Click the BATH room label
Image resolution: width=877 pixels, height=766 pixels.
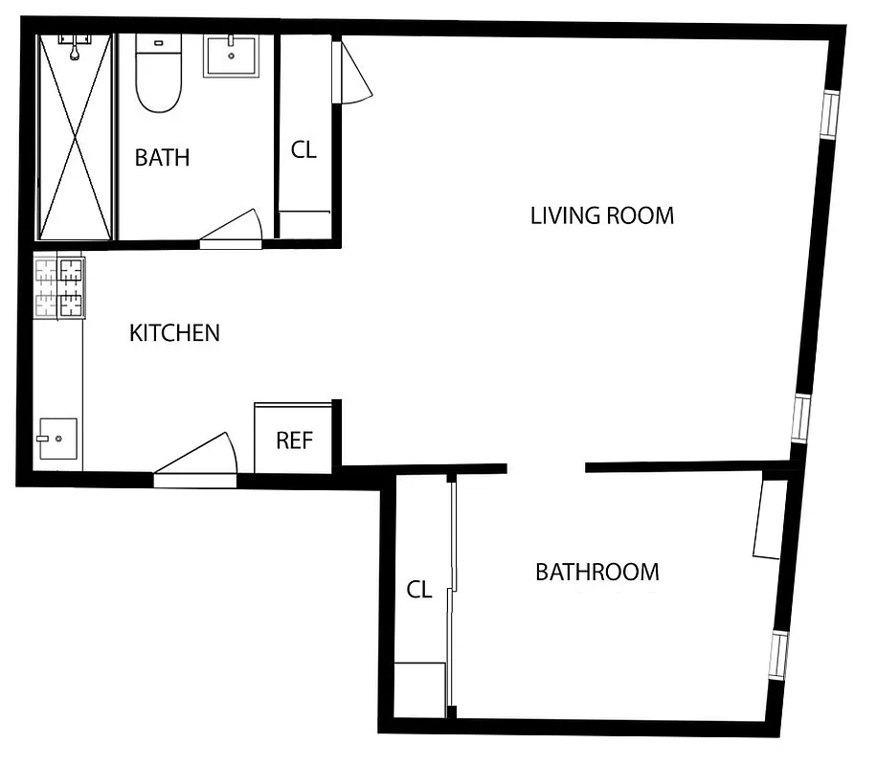pos(162,158)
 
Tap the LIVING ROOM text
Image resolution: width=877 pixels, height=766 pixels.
pos(601,215)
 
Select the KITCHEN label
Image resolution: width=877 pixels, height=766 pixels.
pos(174,333)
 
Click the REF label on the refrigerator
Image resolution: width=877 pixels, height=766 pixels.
pos(295,440)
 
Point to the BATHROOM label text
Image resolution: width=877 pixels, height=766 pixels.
pos(596,573)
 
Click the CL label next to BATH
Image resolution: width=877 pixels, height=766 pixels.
pos(304,150)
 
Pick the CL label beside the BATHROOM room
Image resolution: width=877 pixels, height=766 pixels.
pos(419,590)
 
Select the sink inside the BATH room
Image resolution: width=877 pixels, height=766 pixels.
pos(231,56)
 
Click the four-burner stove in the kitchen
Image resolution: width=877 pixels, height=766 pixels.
pos(59,287)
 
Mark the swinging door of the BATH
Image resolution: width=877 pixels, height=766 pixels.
pos(233,230)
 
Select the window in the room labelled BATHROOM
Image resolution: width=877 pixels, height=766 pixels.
pos(779,655)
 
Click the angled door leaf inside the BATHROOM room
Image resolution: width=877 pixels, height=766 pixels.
pos(770,518)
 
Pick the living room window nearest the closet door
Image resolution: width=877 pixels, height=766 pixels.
pos(830,116)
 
